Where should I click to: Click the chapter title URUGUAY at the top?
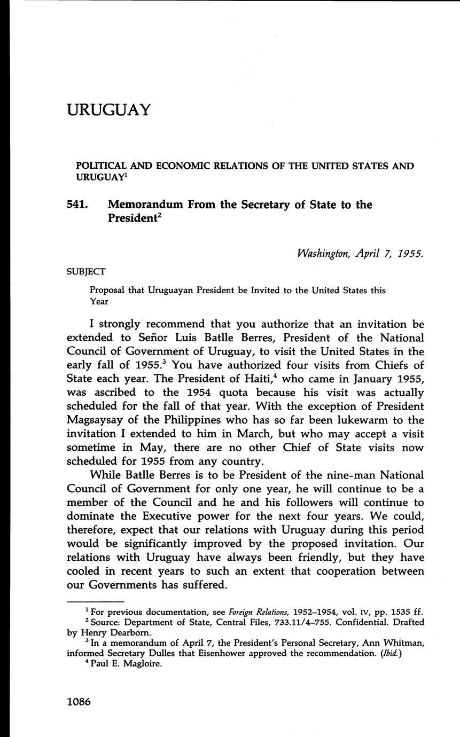coord(109,110)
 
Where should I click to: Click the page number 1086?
coord(79,702)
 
